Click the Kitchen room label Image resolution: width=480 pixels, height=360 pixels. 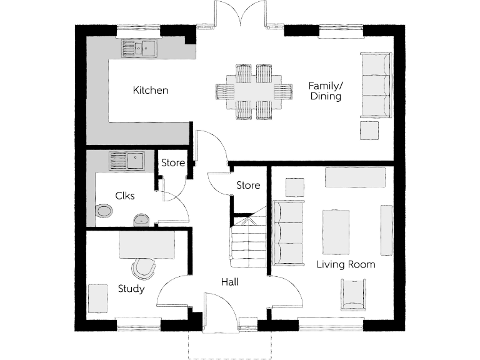coord(151,91)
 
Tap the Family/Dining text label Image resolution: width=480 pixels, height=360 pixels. coord(326,91)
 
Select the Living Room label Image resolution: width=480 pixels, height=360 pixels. coord(346,264)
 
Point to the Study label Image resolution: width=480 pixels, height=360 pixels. coord(131,289)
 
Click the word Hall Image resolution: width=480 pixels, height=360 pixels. coord(229,282)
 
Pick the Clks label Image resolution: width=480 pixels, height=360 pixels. coord(125,196)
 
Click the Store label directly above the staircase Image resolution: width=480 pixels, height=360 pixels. coord(248,186)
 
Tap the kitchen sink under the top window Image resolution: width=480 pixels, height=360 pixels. coord(139,48)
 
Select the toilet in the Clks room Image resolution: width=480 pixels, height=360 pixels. coord(103,211)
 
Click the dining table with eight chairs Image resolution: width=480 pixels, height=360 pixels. coord(254,92)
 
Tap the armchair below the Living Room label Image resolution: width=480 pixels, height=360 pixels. coord(353,294)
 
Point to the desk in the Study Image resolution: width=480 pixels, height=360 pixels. coord(147,246)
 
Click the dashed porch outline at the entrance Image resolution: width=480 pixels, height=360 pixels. coord(229,347)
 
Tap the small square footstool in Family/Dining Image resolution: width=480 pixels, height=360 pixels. coord(369,131)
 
